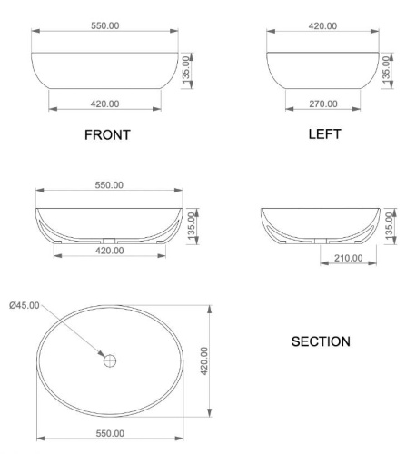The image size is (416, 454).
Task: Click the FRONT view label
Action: click(x=107, y=135)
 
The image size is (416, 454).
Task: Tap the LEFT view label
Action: click(x=323, y=133)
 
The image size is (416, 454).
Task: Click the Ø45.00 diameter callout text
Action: click(x=24, y=305)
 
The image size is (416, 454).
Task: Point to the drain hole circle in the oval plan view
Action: click(x=110, y=360)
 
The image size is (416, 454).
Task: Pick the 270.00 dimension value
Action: click(x=323, y=104)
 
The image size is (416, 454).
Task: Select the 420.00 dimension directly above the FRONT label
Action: click(x=107, y=104)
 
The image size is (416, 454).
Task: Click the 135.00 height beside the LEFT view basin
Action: click(x=386, y=66)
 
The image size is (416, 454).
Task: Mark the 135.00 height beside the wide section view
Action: click(x=190, y=222)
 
